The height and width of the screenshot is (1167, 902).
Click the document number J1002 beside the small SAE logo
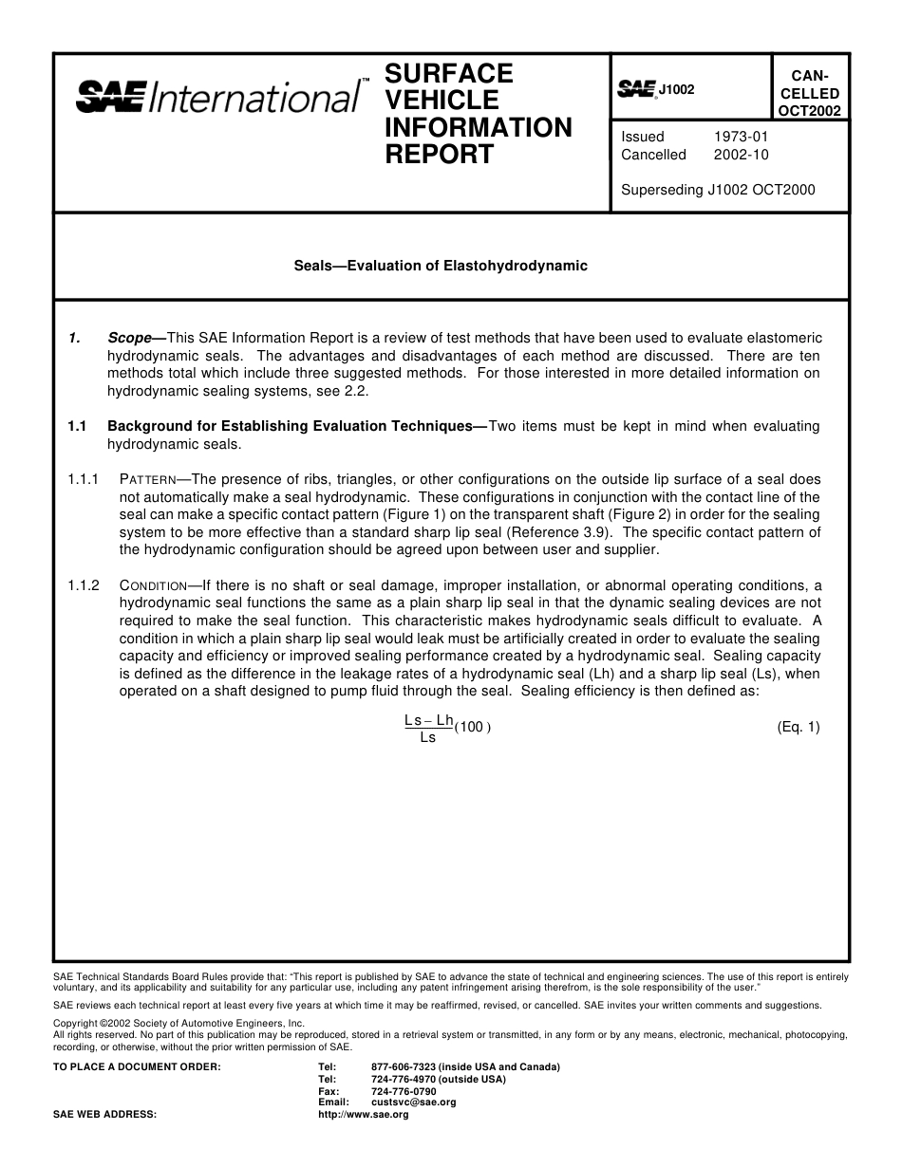(677, 90)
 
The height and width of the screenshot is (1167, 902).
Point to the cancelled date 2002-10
(741, 155)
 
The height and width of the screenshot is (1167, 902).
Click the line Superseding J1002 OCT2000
(718, 190)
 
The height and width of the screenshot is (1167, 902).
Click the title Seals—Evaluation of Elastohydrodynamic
(441, 266)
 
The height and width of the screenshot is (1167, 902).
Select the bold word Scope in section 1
(130, 338)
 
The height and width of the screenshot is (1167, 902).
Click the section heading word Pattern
(148, 480)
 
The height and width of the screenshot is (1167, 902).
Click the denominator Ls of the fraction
(428, 738)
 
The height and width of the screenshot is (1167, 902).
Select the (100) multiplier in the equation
(472, 728)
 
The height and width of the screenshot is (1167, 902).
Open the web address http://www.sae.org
(363, 1115)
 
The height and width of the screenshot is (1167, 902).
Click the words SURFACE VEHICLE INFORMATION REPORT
(478, 114)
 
